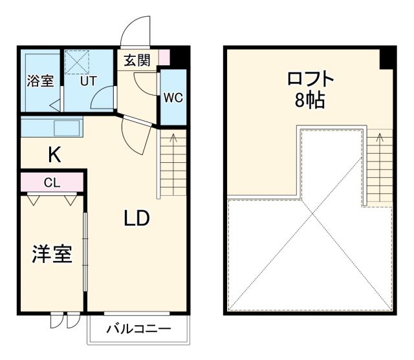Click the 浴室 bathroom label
click(x=39, y=81)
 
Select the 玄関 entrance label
click(x=137, y=61)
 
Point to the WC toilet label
click(x=173, y=98)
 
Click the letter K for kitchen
click(x=54, y=154)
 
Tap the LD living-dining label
click(x=136, y=218)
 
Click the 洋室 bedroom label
click(x=52, y=254)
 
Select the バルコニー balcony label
click(x=138, y=330)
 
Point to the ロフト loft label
click(x=311, y=80)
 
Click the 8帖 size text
click(x=311, y=101)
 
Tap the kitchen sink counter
click(x=52, y=127)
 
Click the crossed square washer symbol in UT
click(x=77, y=61)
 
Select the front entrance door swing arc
click(x=136, y=29)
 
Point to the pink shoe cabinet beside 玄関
click(x=164, y=57)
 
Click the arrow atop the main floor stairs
click(x=173, y=138)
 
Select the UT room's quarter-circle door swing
click(x=103, y=100)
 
